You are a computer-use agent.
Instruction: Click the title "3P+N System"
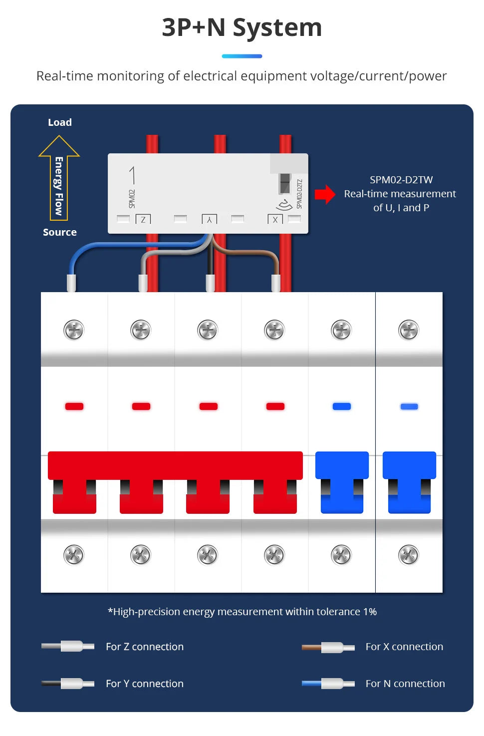tap(242, 27)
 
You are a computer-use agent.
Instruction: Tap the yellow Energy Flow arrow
tap(59, 180)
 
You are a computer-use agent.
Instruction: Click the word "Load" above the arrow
tap(60, 122)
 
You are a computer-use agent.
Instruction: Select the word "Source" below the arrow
tap(60, 232)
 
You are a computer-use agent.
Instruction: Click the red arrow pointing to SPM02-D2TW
tap(325, 194)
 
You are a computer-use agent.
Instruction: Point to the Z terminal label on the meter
tap(143, 219)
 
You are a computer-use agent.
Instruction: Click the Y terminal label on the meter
tap(209, 219)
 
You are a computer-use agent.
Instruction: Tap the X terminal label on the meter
tap(275, 219)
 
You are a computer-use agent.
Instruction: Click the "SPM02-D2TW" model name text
tap(401, 180)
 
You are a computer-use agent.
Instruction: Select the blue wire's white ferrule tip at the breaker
tap(71, 283)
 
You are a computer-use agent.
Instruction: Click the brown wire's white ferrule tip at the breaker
tap(276, 283)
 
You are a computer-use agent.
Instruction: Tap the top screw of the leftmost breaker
tap(74, 330)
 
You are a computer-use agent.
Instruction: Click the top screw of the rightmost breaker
tap(409, 330)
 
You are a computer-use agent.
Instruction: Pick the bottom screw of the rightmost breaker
tap(409, 555)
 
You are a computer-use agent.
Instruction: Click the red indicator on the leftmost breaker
tap(74, 406)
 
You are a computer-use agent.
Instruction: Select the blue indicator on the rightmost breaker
tap(409, 406)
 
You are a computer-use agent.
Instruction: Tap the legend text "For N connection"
tap(405, 684)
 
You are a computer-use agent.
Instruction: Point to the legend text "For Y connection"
tap(145, 684)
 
